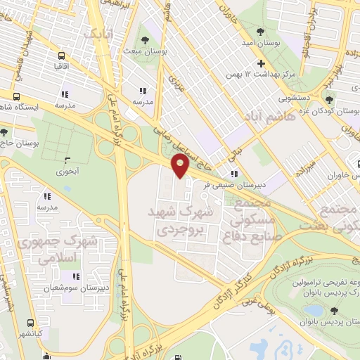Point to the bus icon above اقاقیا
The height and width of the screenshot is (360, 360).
(62, 56)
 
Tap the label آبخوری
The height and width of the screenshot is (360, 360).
(67, 170)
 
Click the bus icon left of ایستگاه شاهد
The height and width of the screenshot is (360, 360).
(16, 98)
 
